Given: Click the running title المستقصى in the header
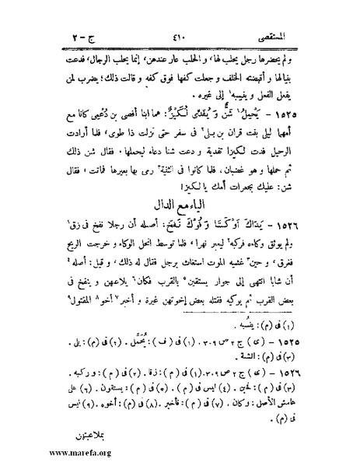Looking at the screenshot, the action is point(297,12).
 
